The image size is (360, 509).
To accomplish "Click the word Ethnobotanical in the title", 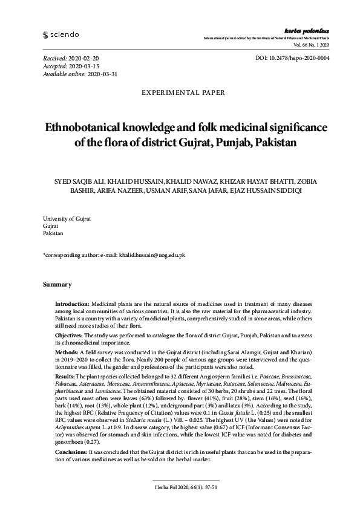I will pyautogui.click(x=88, y=129).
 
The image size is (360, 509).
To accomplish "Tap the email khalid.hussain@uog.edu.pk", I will pyautogui.click(x=153, y=255).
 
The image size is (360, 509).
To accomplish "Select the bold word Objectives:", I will pyautogui.click(x=70, y=334).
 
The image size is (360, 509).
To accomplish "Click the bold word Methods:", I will pyautogui.click(x=67, y=351).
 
